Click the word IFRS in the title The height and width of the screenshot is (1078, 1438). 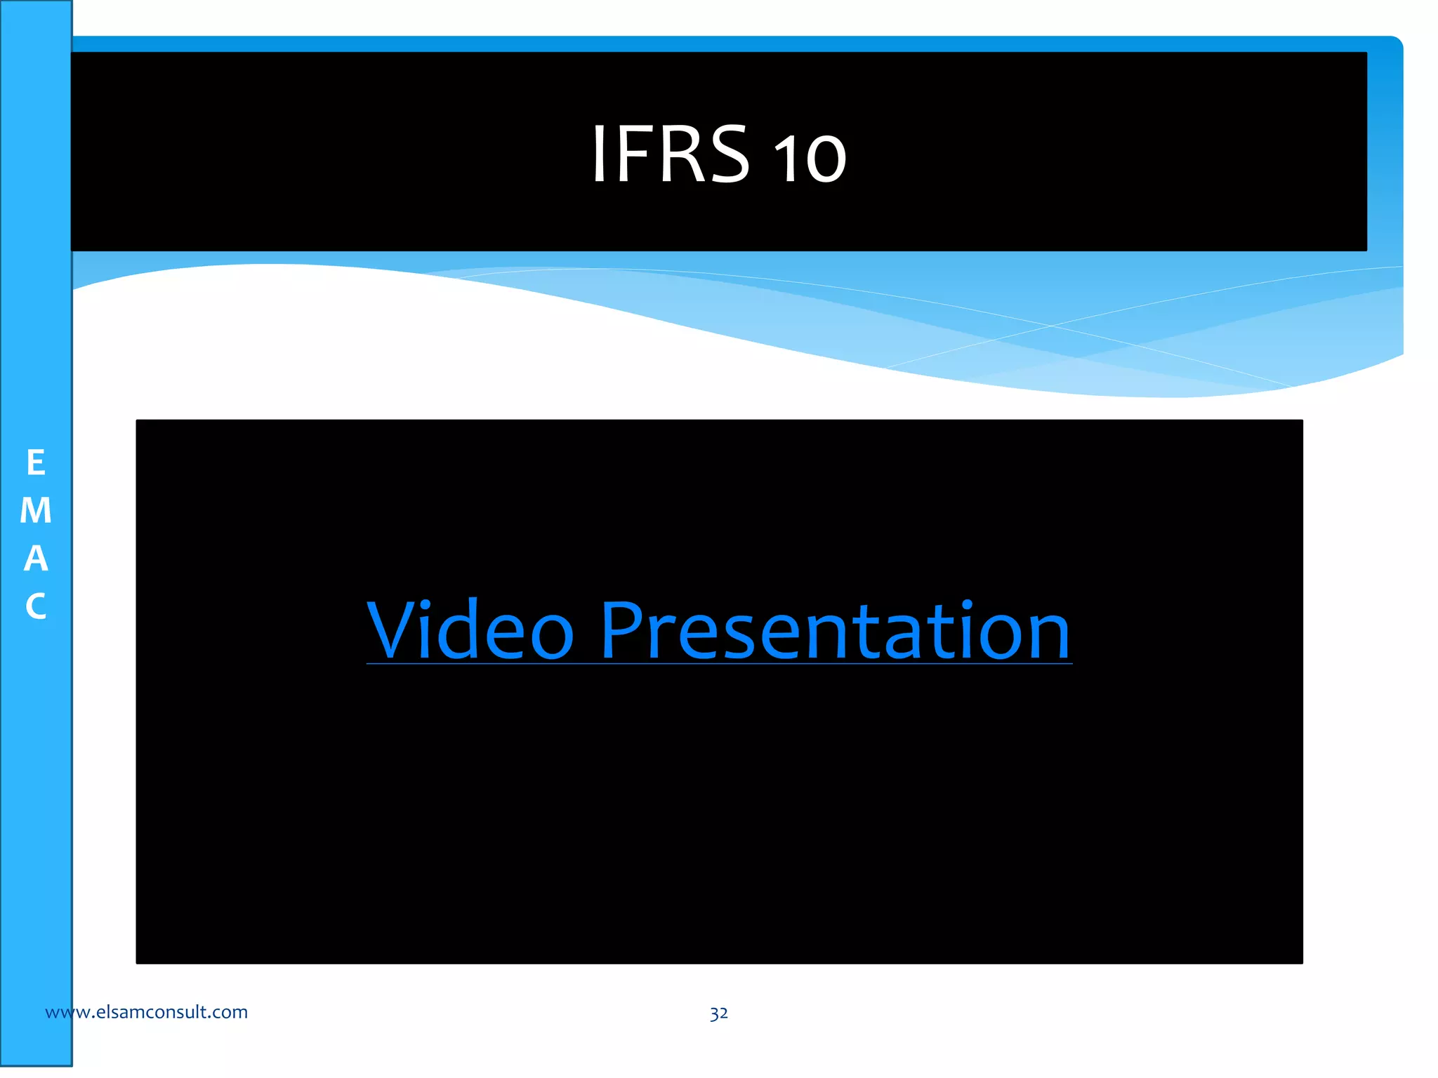pos(671,154)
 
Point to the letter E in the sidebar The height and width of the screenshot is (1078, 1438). pos(36,463)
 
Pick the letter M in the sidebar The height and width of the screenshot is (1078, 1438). pos(36,511)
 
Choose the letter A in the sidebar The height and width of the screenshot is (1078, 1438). pos(36,559)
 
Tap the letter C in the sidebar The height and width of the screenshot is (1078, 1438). pos(36,606)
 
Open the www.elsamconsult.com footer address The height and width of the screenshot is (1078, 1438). pos(146,1012)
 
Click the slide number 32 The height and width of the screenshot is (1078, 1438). pos(718,1013)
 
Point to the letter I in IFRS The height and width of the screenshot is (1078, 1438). pos(598,154)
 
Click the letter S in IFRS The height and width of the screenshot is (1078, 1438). pos(725,154)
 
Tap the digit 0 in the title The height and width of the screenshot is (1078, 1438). pos(826,159)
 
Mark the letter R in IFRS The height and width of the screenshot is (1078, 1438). pos(674,154)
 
